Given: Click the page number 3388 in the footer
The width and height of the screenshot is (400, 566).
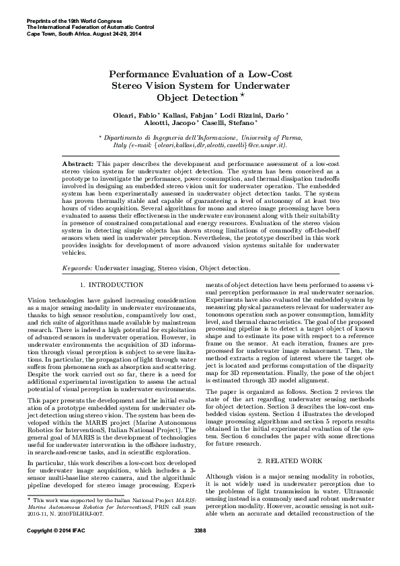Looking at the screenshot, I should pos(200,550).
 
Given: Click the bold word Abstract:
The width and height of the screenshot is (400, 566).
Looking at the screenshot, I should pos(77,163).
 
